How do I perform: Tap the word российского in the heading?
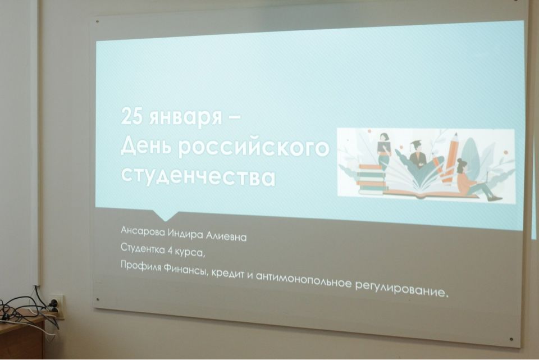[253, 148]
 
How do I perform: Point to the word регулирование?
[402, 289]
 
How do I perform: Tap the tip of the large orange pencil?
[456, 134]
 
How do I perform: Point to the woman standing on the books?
[384, 151]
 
